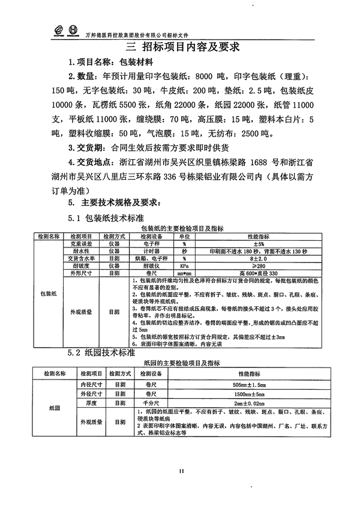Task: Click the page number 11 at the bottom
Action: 179,471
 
